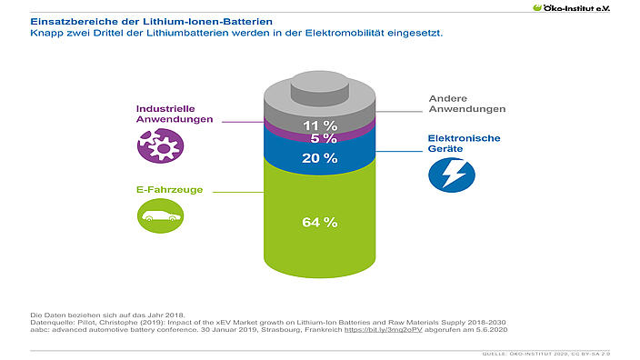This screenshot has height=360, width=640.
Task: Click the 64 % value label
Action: (320, 222)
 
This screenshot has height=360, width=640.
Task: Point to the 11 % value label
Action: (320, 125)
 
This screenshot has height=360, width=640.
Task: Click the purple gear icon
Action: (160, 145)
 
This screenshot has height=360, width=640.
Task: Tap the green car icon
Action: (160, 215)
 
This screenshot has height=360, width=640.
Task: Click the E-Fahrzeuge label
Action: (170, 190)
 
